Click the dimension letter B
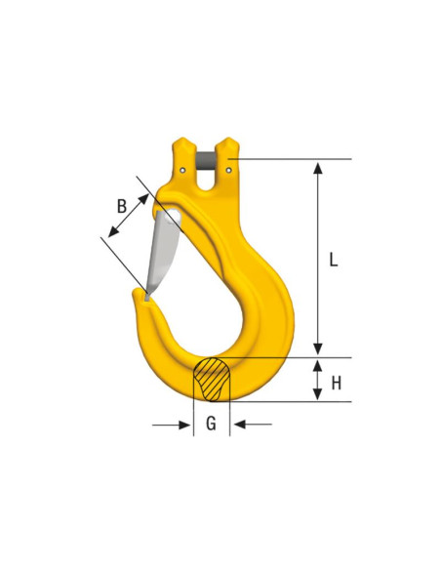pos(121,205)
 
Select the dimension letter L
pos(333,260)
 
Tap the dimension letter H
pos(336,383)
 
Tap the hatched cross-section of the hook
pos(212,378)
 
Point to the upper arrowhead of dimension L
pos(317,167)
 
